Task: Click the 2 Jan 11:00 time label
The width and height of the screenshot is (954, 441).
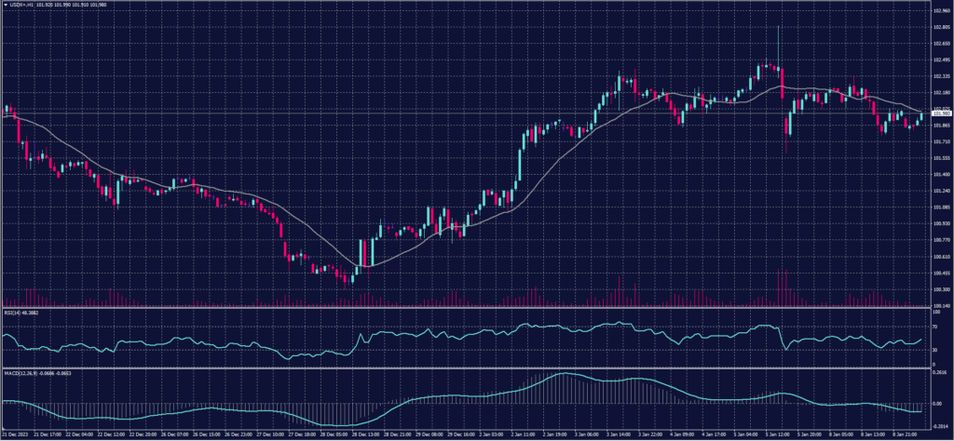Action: [522, 434]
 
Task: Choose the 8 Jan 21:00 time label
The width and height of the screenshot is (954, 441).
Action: [903, 434]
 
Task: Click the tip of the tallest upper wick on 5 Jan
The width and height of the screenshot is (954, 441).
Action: [777, 25]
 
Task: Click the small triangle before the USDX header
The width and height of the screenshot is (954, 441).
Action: [5, 6]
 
